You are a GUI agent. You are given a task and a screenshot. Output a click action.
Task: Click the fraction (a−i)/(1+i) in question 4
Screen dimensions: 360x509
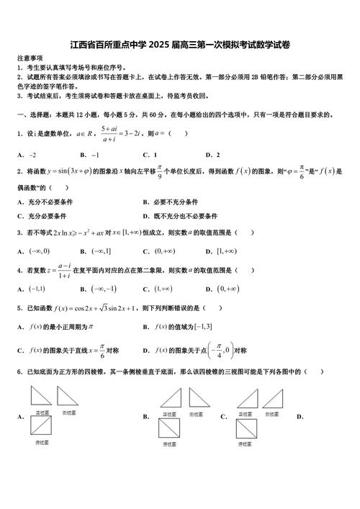(x=64, y=271)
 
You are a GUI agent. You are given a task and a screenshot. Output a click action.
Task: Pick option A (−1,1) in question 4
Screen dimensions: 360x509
(x=36, y=289)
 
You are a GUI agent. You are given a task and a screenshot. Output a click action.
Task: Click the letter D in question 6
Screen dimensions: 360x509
(x=300, y=417)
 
